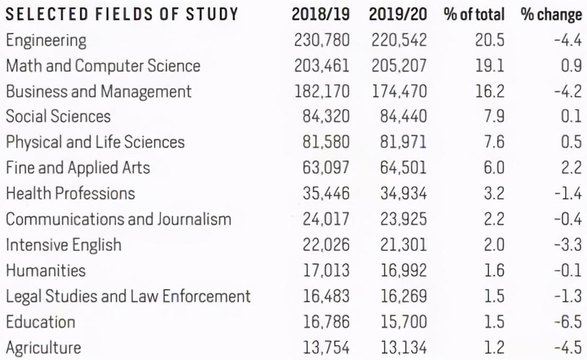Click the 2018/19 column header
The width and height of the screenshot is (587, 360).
(321, 15)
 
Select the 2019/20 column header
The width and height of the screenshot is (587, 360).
(397, 15)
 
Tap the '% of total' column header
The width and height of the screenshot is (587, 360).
(474, 15)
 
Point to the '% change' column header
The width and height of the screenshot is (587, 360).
(551, 15)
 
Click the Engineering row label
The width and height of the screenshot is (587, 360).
(46, 40)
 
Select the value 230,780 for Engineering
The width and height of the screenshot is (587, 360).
(322, 40)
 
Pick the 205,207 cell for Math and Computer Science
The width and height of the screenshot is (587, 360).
(399, 66)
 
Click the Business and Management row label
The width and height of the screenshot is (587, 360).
(99, 92)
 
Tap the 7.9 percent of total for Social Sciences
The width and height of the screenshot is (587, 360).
(494, 116)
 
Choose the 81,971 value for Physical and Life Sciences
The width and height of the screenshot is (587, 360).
(403, 142)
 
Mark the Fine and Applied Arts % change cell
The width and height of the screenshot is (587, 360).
(571, 168)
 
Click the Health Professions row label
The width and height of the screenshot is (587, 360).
(70, 193)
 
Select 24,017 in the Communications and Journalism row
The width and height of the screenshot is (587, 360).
(326, 219)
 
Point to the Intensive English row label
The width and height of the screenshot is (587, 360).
(64, 245)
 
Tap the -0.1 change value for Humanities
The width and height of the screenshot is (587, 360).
(568, 271)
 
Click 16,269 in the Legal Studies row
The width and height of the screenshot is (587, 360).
(404, 296)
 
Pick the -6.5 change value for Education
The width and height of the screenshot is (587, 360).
(568, 322)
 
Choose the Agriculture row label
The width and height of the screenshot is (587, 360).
(43, 348)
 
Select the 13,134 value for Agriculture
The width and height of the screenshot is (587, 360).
(404, 348)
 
